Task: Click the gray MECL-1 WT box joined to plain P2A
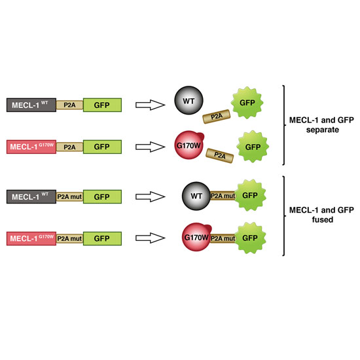pyautogui.click(x=31, y=105)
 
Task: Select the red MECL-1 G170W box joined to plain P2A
pyautogui.click(x=31, y=147)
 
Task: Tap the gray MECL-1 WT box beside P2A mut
pyautogui.click(x=31, y=196)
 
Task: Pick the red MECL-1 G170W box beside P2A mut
pyautogui.click(x=31, y=238)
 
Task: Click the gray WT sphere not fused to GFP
pyautogui.click(x=189, y=100)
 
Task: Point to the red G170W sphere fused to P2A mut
pyautogui.click(x=196, y=237)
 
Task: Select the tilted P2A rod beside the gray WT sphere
pyautogui.click(x=216, y=117)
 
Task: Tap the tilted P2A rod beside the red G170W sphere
pyautogui.click(x=220, y=156)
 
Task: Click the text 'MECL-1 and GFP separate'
pyautogui.click(x=321, y=125)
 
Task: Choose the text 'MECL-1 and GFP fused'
pyautogui.click(x=321, y=215)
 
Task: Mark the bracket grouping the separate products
pyautogui.click(x=285, y=125)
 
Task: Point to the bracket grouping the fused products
pyautogui.click(x=285, y=216)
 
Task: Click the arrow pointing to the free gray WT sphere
pyautogui.click(x=151, y=105)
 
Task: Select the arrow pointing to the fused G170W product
pyautogui.click(x=151, y=238)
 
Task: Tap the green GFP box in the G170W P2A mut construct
pyautogui.click(x=102, y=238)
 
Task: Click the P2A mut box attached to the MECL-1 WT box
pyautogui.click(x=69, y=197)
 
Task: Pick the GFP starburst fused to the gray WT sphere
pyautogui.click(x=250, y=196)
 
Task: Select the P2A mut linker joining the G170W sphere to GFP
pyautogui.click(x=223, y=238)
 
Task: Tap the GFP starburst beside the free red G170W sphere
pyautogui.click(x=253, y=147)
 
